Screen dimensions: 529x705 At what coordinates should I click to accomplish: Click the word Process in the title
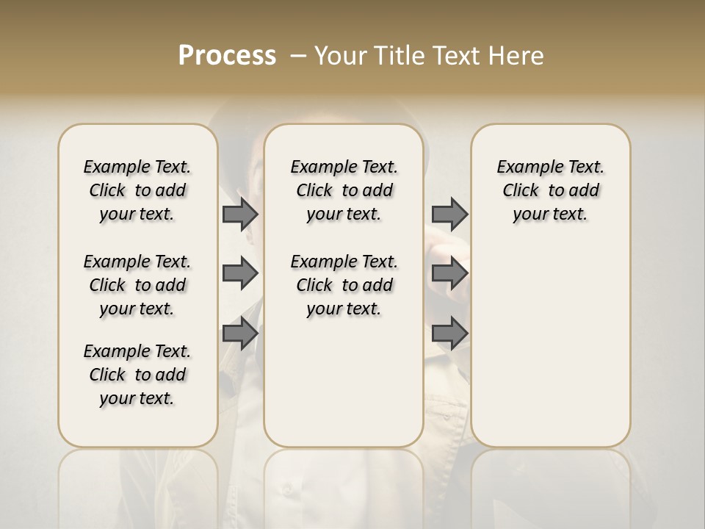227,56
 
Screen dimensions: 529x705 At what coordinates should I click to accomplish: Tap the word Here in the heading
517,56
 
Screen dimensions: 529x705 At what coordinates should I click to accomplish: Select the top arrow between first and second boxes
240,214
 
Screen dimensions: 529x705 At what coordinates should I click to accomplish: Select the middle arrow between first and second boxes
240,273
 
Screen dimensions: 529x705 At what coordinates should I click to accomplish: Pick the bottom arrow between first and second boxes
240,334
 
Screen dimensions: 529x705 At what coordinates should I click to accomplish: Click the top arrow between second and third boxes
449,214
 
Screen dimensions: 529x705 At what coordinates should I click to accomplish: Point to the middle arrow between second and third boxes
449,273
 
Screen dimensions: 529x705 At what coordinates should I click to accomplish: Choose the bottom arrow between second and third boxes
449,334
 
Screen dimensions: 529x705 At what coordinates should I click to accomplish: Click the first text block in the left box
137,190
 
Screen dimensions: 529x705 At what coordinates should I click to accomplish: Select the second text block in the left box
137,285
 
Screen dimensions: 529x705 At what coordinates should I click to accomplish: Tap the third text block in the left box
137,375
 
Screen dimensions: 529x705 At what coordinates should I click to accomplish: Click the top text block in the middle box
344,190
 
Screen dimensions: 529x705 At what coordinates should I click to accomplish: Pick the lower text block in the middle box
344,285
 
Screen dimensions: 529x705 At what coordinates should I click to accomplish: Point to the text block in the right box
550,190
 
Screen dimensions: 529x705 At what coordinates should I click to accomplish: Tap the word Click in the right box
521,191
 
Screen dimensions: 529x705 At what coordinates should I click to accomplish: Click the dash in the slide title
298,56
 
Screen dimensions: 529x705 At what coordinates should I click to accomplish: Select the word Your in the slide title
339,56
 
